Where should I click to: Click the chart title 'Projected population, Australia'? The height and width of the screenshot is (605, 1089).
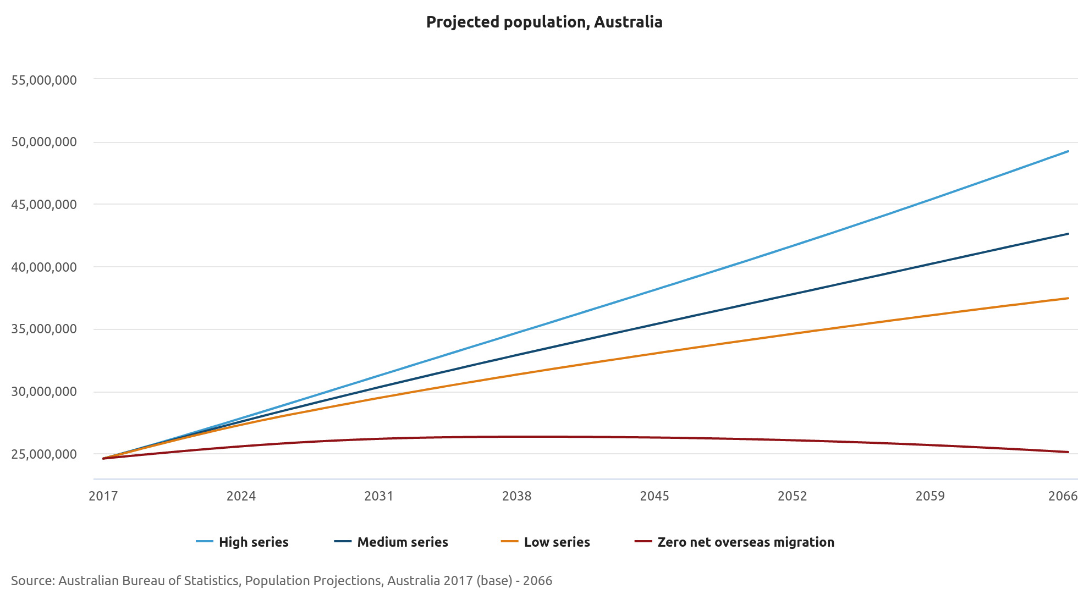[544, 22]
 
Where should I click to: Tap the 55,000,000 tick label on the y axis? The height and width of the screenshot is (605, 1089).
[44, 80]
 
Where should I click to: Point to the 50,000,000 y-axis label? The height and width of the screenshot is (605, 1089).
[44, 142]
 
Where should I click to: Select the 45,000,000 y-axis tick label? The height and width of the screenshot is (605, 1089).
[44, 205]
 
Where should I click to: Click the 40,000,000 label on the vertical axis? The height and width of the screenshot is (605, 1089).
[44, 267]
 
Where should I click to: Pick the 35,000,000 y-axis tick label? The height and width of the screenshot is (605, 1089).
[44, 329]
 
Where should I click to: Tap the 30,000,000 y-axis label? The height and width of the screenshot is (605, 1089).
[44, 392]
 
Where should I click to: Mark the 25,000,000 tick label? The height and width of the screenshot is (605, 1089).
[44, 454]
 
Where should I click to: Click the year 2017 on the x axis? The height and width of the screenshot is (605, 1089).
[103, 496]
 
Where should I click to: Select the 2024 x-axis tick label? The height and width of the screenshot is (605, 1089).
[241, 496]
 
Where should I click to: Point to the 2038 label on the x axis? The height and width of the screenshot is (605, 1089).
[516, 496]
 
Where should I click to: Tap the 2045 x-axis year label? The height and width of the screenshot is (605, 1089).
[654, 496]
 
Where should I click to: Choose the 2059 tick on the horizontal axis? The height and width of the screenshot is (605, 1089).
[930, 496]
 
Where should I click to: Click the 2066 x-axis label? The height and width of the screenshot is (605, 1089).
[1063, 496]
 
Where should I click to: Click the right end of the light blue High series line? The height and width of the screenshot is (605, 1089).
[1068, 151]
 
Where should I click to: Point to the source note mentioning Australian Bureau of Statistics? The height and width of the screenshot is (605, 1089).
[281, 581]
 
